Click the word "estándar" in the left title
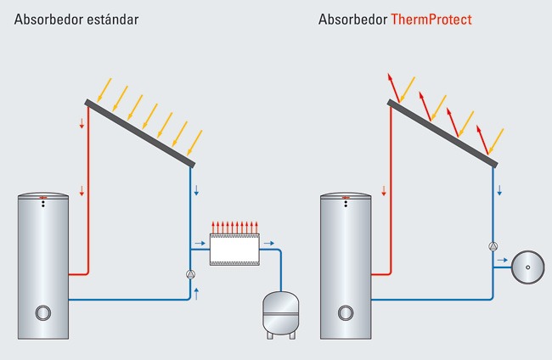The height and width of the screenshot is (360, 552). pyautogui.click(x=114, y=18)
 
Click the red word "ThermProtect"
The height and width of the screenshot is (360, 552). pyautogui.click(x=431, y=18)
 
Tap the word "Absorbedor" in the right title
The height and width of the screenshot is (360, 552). pyautogui.click(x=352, y=18)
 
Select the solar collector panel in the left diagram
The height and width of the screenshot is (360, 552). pyautogui.click(x=141, y=133)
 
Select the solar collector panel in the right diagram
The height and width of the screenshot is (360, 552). pyautogui.click(x=442, y=133)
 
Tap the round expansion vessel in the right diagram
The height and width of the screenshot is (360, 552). pyautogui.click(x=527, y=266)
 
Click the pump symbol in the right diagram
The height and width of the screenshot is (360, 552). pyautogui.click(x=493, y=247)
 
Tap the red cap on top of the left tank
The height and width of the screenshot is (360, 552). pyautogui.click(x=42, y=200)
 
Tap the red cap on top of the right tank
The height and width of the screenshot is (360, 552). pyautogui.click(x=345, y=200)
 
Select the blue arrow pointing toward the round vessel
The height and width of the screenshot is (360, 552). pyautogui.click(x=501, y=258)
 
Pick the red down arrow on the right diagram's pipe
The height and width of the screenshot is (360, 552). pyautogui.click(x=384, y=189)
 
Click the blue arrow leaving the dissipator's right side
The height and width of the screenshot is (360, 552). pyautogui.click(x=265, y=243)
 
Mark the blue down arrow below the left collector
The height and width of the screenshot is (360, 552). pyautogui.click(x=197, y=189)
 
